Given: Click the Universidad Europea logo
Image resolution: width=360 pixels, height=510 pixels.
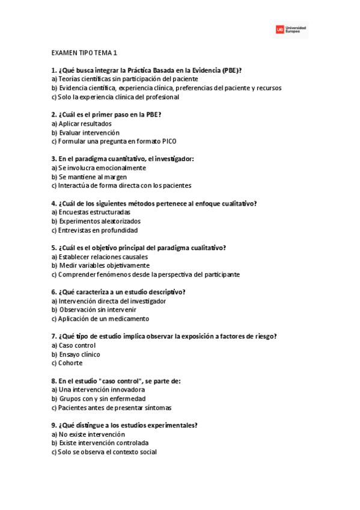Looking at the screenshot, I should [x=291, y=29].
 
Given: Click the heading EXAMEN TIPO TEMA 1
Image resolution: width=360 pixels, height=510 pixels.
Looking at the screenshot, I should [x=84, y=53].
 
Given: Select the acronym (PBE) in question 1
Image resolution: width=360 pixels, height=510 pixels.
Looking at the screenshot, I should [x=231, y=70].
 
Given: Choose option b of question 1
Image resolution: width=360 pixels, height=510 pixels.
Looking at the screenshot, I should [x=166, y=88].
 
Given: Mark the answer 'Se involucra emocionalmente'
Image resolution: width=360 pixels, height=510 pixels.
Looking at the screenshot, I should [x=99, y=168].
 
